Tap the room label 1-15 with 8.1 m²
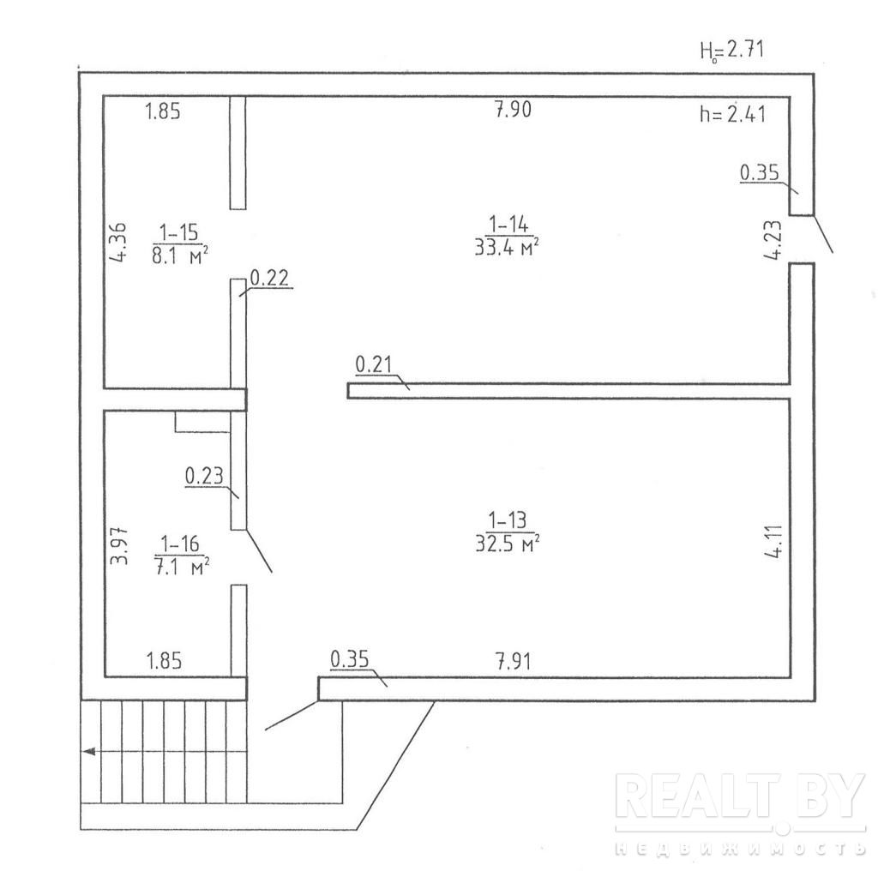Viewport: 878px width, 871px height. (x=181, y=243)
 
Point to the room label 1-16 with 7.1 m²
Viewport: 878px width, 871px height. (x=181, y=555)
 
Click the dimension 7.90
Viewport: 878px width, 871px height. (x=514, y=111)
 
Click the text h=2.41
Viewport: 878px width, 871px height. (x=732, y=114)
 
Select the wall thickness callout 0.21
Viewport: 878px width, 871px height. (x=374, y=366)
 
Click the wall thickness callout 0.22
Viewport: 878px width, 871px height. (x=268, y=278)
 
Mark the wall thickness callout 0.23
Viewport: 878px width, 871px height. (x=205, y=474)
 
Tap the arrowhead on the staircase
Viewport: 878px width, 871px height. (x=87, y=752)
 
